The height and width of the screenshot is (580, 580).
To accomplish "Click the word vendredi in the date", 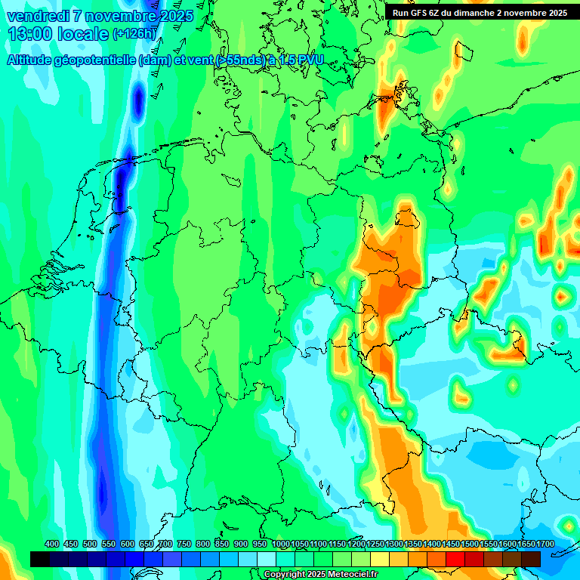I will (x=38, y=16).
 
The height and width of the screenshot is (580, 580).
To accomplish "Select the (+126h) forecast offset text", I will (x=134, y=34).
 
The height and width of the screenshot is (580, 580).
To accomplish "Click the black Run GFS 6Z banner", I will (x=480, y=13).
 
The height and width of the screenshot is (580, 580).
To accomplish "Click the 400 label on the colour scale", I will (x=52, y=544).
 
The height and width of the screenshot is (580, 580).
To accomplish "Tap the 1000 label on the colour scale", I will (x=281, y=544).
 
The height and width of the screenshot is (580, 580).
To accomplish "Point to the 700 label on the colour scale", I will (x=165, y=544).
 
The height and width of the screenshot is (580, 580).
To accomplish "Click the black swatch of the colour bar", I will (x=40, y=559).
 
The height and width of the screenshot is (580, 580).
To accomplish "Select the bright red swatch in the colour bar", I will (x=455, y=559).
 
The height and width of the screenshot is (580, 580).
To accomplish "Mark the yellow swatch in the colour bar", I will (x=380, y=559).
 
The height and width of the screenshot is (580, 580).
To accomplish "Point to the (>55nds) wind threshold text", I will (x=239, y=60).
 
